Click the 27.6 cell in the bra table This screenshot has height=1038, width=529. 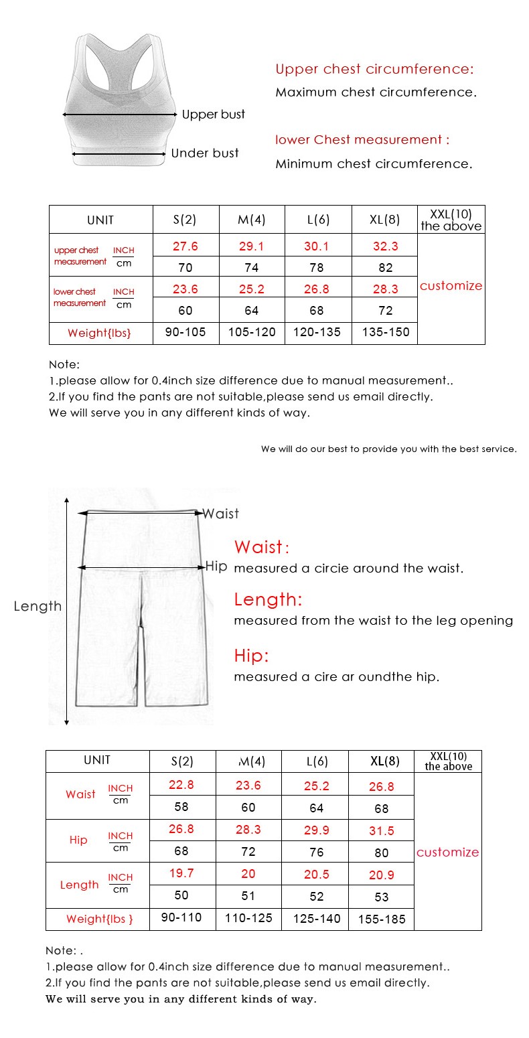(x=185, y=246)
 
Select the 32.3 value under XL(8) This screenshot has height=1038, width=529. (x=385, y=246)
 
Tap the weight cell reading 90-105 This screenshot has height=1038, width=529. (x=185, y=332)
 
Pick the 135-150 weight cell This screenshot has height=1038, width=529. (x=385, y=332)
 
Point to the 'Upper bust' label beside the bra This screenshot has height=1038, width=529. (x=214, y=115)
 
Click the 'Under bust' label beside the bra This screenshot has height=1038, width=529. (x=205, y=153)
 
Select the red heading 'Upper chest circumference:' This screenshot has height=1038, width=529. (x=374, y=69)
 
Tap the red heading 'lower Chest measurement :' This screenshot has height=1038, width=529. (x=362, y=140)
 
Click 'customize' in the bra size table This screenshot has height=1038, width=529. (x=451, y=286)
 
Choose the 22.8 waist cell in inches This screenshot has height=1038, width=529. (x=181, y=785)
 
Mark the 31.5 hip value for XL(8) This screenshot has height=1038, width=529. (x=382, y=830)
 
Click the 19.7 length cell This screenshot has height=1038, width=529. (x=181, y=873)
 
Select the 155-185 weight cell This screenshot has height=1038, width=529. (x=382, y=919)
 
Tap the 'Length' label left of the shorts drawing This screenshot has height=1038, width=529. (x=37, y=606)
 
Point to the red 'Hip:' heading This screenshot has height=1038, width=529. (x=251, y=656)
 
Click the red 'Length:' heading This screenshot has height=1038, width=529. (x=268, y=599)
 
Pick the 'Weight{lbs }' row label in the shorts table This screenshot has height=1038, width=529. (x=99, y=919)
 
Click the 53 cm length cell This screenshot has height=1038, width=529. (x=382, y=897)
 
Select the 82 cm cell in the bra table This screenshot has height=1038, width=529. (x=385, y=268)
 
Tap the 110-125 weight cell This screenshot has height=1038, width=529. (x=248, y=918)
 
